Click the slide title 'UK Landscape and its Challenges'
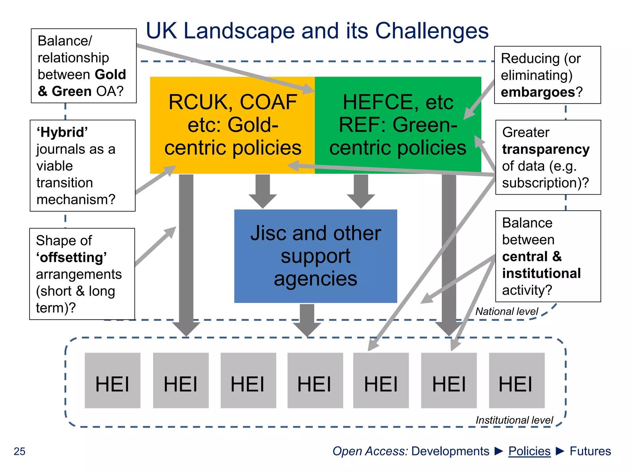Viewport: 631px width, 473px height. coord(317,31)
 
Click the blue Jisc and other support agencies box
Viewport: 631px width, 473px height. coord(315,256)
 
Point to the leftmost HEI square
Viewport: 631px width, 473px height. coord(112,380)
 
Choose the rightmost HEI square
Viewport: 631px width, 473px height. coord(517,380)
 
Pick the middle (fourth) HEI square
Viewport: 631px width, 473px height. coord(315,380)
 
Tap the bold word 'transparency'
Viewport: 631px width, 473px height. coord(546,149)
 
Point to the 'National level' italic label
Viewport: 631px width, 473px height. coord(507,311)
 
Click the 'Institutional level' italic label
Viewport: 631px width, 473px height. coord(514,420)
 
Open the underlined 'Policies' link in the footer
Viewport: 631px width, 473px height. coord(529,451)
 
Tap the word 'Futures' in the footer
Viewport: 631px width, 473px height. coord(590,451)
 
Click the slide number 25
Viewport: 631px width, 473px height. coord(19,451)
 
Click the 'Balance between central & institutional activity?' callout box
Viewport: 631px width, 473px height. coord(548,256)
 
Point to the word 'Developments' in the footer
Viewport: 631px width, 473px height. coord(450,451)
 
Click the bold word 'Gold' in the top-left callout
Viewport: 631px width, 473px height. coord(110,75)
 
